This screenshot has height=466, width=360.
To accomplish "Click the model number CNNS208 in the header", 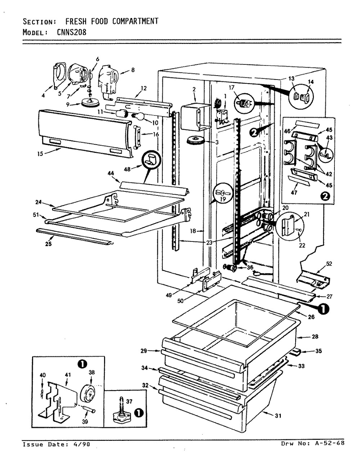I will (71, 32).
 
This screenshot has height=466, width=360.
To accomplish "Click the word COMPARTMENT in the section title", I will (135, 21).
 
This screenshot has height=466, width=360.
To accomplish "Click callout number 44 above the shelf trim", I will (111, 174).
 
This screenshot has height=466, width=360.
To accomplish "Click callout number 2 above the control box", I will (194, 89).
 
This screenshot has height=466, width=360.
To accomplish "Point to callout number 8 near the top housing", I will (132, 71).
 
